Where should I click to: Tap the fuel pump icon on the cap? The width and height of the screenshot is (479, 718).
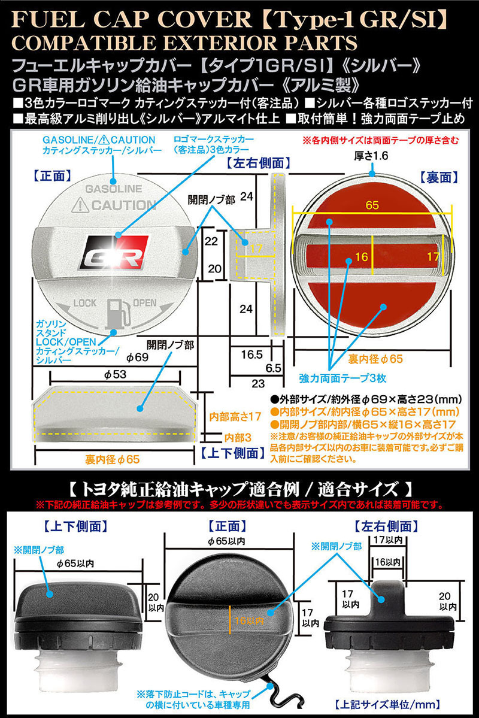tap(115, 311)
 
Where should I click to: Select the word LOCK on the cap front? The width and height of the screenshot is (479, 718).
tap(84, 302)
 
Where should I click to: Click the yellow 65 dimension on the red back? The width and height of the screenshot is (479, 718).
tap(372, 205)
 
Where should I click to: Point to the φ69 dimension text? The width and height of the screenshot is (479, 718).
tap(137, 358)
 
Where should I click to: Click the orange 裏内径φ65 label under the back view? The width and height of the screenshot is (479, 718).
tap(375, 359)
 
